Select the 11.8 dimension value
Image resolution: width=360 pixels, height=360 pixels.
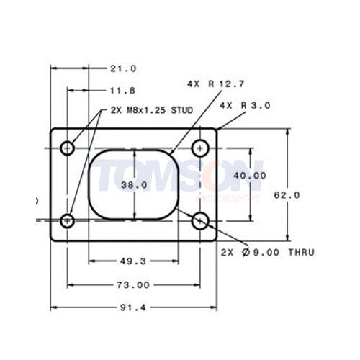coord(123,91)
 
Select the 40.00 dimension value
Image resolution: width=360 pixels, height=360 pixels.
coord(249,175)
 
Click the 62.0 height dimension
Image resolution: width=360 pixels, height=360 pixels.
coord(287,194)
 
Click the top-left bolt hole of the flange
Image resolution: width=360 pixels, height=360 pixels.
coord(68,148)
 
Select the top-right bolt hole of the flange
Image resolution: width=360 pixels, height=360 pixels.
coord(200,148)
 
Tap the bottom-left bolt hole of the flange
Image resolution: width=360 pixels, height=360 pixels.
coord(68,220)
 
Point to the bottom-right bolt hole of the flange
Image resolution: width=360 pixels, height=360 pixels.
coord(200,220)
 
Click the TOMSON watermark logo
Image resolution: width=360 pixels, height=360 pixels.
coord(180,175)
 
